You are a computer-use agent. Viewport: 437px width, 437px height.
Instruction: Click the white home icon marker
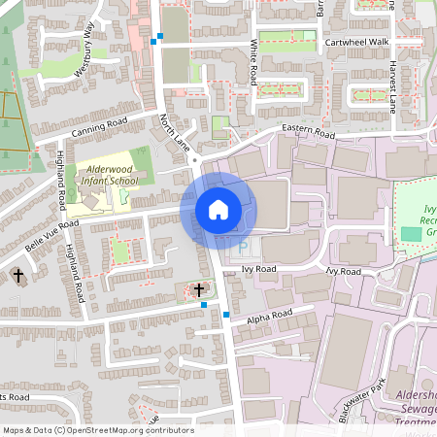(x=218, y=210)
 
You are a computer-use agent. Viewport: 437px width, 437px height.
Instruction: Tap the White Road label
(x=253, y=61)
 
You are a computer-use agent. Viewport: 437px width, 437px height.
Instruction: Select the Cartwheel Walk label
(x=356, y=42)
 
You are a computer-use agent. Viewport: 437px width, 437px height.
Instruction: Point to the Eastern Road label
(x=308, y=130)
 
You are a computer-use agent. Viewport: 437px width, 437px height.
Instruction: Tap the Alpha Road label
(x=269, y=318)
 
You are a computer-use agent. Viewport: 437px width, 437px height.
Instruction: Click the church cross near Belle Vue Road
(x=17, y=277)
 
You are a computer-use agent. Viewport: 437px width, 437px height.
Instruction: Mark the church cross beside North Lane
(x=199, y=289)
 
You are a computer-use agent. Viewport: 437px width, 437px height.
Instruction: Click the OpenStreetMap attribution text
(x=97, y=430)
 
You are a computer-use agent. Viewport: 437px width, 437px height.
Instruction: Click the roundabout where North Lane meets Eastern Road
(x=195, y=159)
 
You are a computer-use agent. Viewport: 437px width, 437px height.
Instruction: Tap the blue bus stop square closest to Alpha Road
(x=225, y=315)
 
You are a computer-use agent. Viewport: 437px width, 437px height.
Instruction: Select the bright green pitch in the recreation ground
(x=411, y=235)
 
